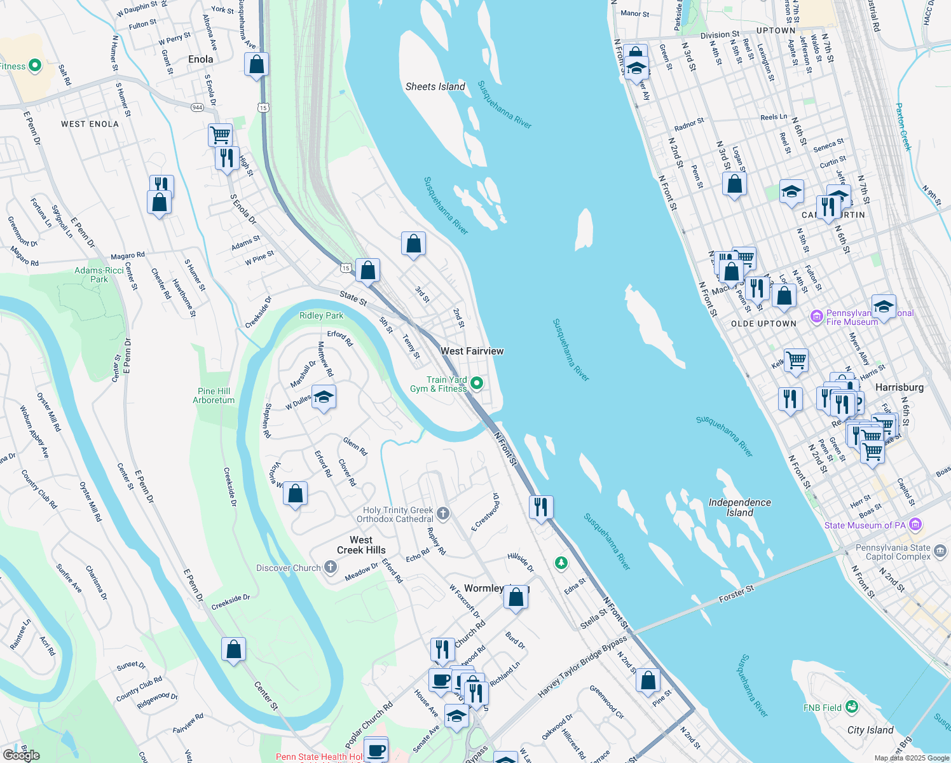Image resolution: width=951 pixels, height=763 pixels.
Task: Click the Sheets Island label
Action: (435, 86)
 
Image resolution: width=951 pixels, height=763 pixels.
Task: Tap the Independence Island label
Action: (740, 507)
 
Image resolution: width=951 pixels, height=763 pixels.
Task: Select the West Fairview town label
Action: (472, 351)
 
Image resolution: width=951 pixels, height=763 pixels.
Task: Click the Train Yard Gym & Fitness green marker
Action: (477, 383)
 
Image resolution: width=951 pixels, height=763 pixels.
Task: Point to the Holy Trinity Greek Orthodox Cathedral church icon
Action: (444, 513)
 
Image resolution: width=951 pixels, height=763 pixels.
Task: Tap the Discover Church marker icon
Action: (331, 567)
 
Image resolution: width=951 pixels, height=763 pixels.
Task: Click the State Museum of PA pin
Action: (915, 525)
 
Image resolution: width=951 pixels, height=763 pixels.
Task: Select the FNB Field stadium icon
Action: (852, 707)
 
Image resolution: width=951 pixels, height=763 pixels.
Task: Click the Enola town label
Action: (201, 59)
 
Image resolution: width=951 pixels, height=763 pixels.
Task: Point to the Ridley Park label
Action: (321, 315)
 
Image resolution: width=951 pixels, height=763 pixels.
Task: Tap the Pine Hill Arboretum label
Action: (214, 395)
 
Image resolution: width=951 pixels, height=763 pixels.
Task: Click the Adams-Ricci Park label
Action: (99, 275)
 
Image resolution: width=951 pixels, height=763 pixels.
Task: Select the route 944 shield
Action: (198, 107)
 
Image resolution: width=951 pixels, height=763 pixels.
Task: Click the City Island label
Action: (870, 730)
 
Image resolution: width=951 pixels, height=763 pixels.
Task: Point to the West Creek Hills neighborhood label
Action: (361, 545)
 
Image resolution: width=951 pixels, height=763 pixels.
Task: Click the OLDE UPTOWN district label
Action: (763, 324)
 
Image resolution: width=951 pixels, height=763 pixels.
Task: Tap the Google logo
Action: (21, 755)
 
